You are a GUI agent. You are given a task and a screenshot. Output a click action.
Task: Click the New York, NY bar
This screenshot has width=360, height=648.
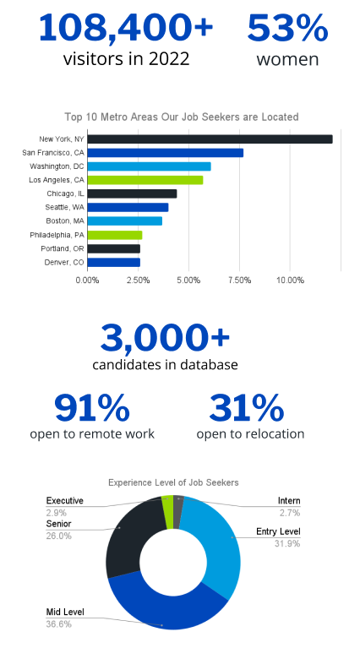(x=210, y=139)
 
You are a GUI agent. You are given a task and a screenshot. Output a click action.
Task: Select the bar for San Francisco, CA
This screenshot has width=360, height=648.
(x=166, y=153)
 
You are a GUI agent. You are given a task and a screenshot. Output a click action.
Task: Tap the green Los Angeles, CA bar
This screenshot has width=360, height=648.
(x=145, y=180)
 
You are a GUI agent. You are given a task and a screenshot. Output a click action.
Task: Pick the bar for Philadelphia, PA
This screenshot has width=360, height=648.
(x=115, y=235)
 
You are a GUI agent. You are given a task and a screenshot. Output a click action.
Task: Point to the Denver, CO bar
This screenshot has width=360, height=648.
(x=114, y=263)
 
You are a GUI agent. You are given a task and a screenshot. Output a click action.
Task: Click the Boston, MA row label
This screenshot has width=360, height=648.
(x=65, y=221)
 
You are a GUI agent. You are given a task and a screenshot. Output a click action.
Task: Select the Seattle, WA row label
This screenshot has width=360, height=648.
(x=65, y=208)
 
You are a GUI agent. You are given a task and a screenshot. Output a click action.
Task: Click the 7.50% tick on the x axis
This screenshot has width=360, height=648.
(x=239, y=280)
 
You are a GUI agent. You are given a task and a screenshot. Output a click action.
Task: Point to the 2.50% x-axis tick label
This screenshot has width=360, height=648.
(x=138, y=280)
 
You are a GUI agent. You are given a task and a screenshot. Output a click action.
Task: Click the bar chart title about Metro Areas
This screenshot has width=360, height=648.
(x=182, y=117)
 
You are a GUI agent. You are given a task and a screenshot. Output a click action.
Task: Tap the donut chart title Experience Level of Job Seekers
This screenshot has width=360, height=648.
(x=173, y=482)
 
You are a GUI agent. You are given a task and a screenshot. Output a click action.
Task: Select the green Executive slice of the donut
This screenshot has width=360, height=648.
(x=167, y=512)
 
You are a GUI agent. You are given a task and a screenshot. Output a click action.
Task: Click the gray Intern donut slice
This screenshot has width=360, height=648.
(x=178, y=512)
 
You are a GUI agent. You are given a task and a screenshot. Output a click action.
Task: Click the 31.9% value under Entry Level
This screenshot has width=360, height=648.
(x=287, y=543)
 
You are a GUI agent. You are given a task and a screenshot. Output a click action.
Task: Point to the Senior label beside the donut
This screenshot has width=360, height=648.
(x=58, y=524)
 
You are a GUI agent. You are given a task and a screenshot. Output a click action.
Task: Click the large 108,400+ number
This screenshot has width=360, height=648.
(x=126, y=27)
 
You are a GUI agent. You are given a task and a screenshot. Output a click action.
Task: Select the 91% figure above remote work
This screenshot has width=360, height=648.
(x=92, y=408)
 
